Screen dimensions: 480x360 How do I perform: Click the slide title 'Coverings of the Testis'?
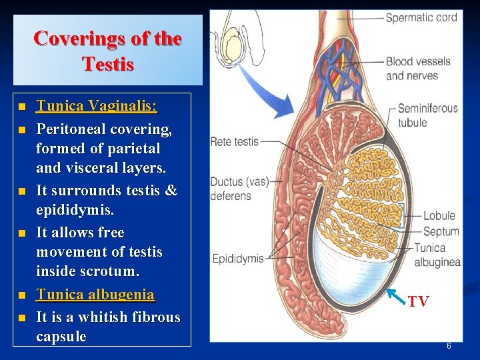[x=107, y=51]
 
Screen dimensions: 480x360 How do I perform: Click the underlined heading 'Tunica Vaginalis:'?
[x=97, y=106]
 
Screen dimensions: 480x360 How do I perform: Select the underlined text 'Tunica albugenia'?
[x=95, y=295]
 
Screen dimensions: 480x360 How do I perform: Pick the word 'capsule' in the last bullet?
[x=61, y=337]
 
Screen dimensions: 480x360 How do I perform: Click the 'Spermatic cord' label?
[x=421, y=17]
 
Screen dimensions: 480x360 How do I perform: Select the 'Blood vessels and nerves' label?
[x=418, y=69]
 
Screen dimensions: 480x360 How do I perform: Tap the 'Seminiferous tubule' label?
[x=427, y=115]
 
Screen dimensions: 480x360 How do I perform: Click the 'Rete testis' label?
[x=234, y=141]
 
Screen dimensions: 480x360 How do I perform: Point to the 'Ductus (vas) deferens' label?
[x=231, y=189]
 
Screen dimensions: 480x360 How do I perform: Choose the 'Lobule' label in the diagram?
[x=439, y=215]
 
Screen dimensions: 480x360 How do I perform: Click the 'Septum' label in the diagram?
[x=441, y=231]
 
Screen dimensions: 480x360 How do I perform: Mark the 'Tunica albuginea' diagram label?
[x=437, y=255]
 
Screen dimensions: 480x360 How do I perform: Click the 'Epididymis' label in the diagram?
[x=237, y=258]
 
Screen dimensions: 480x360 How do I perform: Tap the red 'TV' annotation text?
[x=418, y=302]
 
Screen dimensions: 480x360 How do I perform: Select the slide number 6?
[x=449, y=346]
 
